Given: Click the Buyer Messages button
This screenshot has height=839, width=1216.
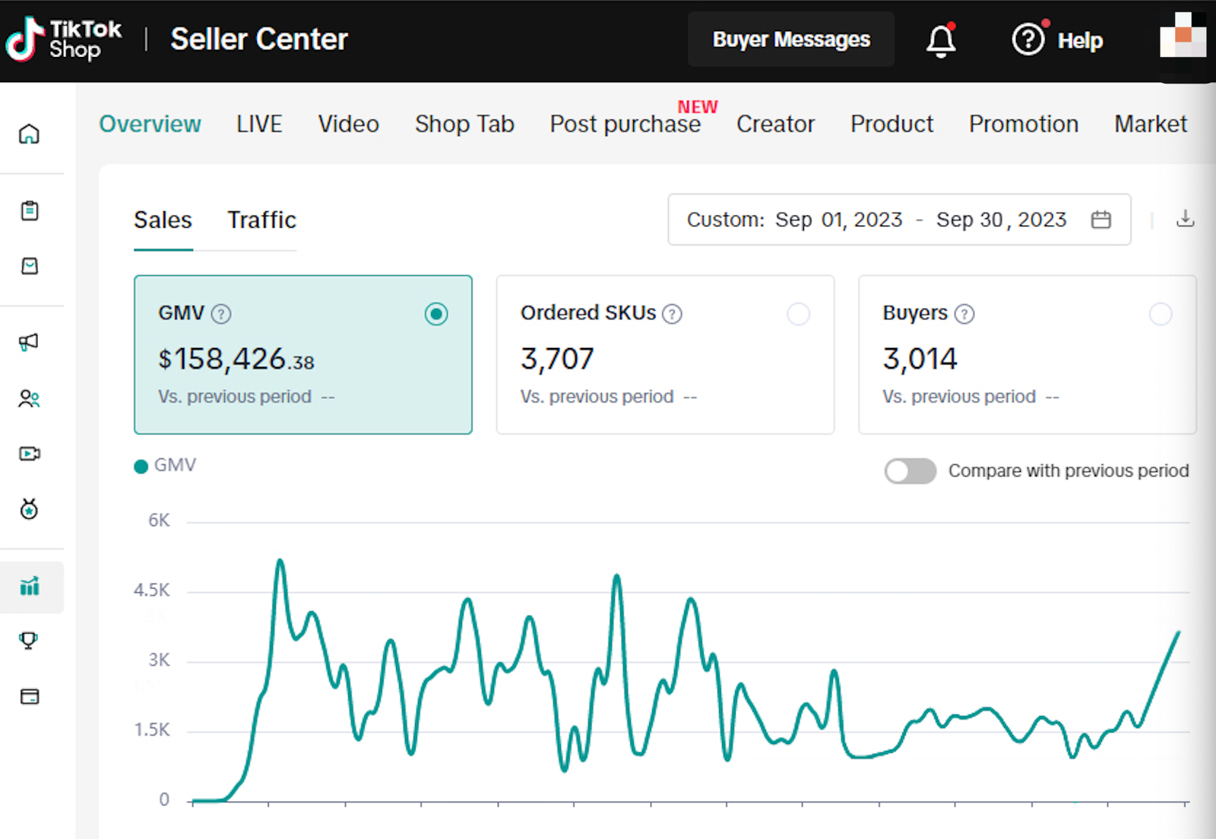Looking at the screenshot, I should pos(790,40).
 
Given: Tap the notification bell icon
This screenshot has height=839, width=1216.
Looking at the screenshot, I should pos(940,40).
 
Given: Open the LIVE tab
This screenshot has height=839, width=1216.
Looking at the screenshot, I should pos(259,124).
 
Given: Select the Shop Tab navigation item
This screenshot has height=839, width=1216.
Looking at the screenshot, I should pos(464,124).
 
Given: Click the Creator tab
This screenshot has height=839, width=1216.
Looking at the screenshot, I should pos(775,124).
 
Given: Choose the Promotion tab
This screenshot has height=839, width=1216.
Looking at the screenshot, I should pos(1023,124).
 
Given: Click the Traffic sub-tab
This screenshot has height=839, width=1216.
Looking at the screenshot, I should pos(261,220).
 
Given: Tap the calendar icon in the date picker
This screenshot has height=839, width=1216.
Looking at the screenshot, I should pos(1100,220).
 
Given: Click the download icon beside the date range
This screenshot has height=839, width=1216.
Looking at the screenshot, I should pos(1185,219).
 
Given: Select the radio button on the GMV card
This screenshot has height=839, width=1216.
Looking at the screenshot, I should pos(436,314).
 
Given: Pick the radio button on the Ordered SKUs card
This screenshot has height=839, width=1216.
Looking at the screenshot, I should pos(798,314).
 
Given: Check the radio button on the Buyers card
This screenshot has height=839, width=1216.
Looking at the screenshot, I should pos(1160,314).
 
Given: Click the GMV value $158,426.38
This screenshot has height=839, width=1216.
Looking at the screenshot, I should pos(236,359).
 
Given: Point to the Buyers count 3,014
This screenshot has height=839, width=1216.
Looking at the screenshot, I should pos(920,359).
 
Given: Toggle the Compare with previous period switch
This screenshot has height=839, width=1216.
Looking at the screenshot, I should pos(910,471).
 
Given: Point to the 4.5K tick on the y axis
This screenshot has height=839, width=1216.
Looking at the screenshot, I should pos(152,590).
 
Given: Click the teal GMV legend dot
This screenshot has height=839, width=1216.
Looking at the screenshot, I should pos(141,467).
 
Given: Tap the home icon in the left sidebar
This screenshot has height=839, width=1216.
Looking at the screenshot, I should pos(29,134).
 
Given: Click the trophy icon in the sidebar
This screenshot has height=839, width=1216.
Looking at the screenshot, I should pos(29,641).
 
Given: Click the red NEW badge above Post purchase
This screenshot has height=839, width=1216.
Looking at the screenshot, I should pos(697,106).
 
